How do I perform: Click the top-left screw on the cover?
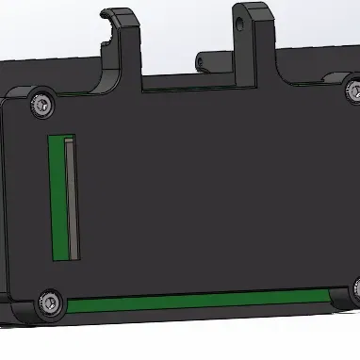coord(40,102)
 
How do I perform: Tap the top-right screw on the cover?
coord(355,90)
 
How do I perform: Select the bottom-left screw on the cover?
coord(49,303)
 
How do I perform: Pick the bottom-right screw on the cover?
coord(357,287)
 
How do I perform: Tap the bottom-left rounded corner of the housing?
coord(11,311)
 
